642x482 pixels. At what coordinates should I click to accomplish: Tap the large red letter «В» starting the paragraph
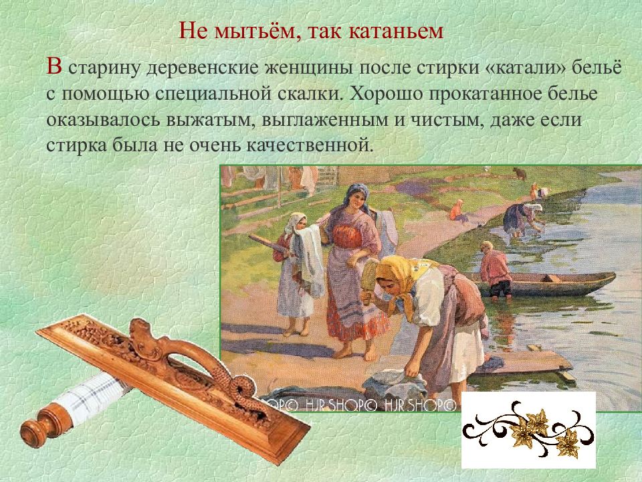coord(54,66)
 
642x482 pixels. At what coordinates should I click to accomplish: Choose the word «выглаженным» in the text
coord(324,120)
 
